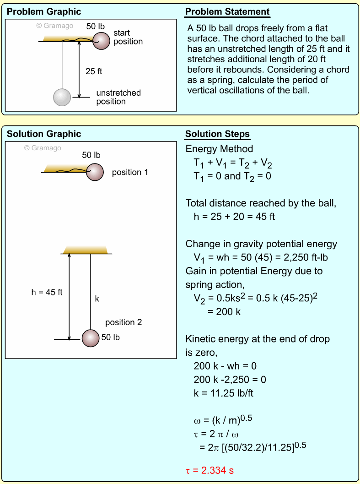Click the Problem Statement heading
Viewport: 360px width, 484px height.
[227, 12]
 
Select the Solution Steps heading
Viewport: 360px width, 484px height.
[217, 134]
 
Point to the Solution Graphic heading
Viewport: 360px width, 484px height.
[44, 134]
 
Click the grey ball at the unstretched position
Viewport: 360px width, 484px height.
[62, 97]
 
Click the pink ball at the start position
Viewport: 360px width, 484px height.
[102, 40]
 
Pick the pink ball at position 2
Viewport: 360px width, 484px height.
[91, 338]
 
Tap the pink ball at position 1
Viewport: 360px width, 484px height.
[95, 172]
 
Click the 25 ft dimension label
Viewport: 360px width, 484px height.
[94, 71]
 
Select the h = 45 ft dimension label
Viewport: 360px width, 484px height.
[43, 292]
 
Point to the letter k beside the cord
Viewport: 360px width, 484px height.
[97, 299]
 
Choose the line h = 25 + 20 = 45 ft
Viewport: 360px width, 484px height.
[234, 217]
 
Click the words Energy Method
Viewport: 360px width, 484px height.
[219, 149]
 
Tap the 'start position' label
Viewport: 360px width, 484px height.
[128, 37]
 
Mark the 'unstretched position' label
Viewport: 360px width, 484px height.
[118, 97]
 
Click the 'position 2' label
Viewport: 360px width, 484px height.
[124, 322]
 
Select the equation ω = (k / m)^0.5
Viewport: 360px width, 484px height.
[221, 420]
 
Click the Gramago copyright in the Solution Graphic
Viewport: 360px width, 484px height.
[43, 148]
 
